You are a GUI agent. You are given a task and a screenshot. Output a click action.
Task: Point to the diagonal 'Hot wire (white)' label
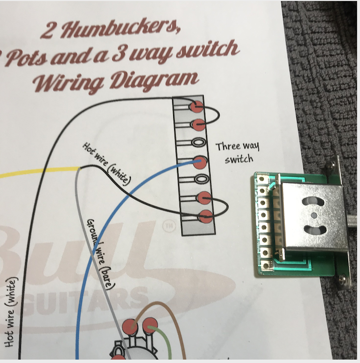point(107,162)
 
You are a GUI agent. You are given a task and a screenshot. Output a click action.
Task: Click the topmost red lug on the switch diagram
point(196,106)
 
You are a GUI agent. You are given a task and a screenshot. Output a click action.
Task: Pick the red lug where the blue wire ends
point(200,161)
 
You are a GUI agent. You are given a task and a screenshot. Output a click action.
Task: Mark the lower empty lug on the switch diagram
point(201,179)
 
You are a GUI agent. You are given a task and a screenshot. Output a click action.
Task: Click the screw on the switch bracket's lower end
point(343,278)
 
